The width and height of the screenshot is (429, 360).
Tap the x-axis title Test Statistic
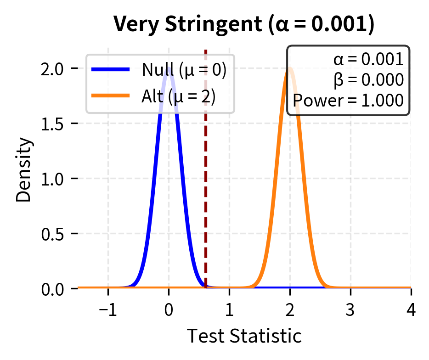click(x=244, y=336)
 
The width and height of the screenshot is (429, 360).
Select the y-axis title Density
click(x=25, y=170)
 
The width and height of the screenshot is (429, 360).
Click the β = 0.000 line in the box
click(x=369, y=80)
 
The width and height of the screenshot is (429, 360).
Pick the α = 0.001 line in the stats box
click(x=369, y=60)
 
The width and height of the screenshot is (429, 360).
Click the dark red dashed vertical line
click(x=205, y=184)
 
